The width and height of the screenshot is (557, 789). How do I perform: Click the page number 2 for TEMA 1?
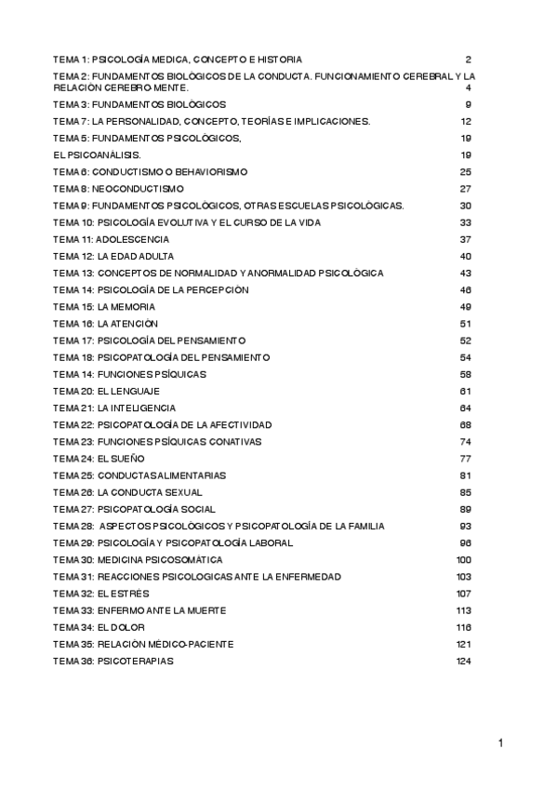click(x=470, y=59)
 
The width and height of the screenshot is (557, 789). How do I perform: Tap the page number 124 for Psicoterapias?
click(x=464, y=662)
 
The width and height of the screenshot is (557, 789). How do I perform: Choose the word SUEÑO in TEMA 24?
click(x=126, y=459)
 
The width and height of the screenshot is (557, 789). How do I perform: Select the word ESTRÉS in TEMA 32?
click(x=128, y=594)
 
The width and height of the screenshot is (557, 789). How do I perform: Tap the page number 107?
click(x=464, y=594)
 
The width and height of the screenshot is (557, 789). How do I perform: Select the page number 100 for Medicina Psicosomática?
click(x=464, y=560)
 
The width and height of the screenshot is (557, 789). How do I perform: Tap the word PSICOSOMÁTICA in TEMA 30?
click(x=181, y=560)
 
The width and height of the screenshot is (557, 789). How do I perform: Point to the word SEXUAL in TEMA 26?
click(x=181, y=492)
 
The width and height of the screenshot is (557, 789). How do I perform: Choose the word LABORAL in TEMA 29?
click(x=270, y=543)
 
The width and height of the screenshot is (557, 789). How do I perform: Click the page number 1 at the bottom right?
click(x=500, y=742)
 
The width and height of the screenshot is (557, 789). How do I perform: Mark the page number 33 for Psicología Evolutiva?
click(x=466, y=222)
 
